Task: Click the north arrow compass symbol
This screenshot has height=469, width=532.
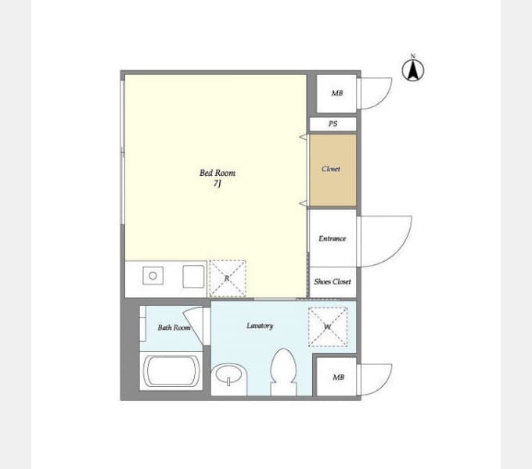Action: (413, 70)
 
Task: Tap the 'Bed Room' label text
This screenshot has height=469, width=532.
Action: (217, 173)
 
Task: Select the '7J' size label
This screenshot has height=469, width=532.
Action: (217, 184)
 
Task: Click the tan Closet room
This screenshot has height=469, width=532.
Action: (332, 170)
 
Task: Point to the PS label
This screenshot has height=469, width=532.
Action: (332, 124)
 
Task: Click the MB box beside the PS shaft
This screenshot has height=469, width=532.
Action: (336, 93)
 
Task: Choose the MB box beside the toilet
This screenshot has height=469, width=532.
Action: (336, 377)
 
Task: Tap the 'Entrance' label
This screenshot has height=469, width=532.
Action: (332, 238)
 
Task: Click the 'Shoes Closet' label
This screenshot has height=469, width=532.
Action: (332, 281)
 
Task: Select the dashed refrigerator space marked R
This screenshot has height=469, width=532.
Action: (228, 278)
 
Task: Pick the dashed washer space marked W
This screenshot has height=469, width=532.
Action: (327, 327)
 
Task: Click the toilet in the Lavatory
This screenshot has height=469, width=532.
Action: (283, 372)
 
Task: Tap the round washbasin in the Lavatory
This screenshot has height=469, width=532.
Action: (228, 374)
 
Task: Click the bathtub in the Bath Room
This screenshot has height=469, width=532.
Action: (171, 371)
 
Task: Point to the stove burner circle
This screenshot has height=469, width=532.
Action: (153, 276)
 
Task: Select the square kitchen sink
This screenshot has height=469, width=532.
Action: (193, 277)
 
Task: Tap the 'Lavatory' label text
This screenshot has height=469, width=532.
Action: (260, 326)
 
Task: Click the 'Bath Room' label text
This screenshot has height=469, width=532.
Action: (174, 328)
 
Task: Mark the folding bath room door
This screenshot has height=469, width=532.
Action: (194, 324)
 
